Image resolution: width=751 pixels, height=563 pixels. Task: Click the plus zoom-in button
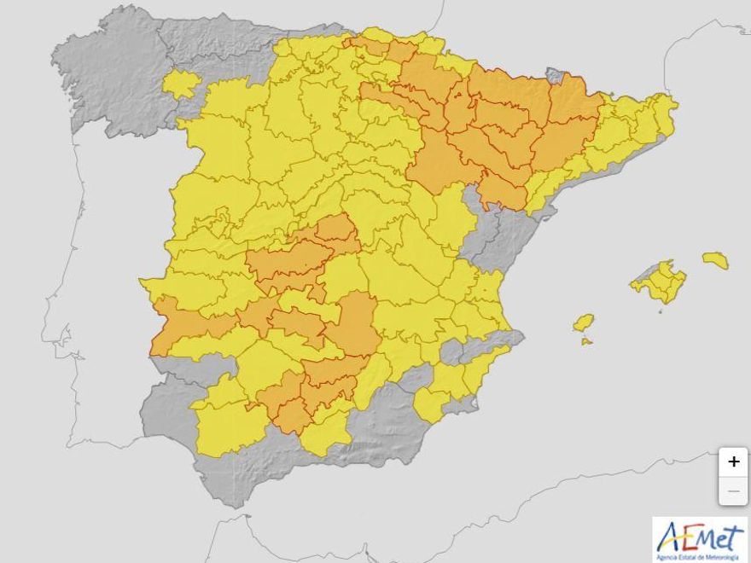(x=733, y=462)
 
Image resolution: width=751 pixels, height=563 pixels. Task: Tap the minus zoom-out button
(x=733, y=491)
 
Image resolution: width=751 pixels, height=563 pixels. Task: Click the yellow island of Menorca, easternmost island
(x=715, y=259)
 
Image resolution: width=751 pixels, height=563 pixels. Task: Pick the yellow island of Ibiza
(x=584, y=322)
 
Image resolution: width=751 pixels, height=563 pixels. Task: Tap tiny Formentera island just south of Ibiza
(x=586, y=341)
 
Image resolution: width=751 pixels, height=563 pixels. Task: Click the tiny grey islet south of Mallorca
(x=659, y=311)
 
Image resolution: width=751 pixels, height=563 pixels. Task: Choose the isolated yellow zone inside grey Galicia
(x=181, y=84)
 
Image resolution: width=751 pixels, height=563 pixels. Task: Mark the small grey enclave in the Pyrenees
(x=556, y=76)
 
